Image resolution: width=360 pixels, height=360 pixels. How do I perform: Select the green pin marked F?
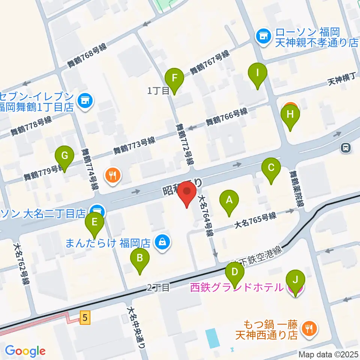(x=174, y=78)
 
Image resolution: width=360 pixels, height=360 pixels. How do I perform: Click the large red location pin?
(x=187, y=192)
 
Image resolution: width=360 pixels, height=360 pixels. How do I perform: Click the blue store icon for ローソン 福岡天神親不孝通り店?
(x=263, y=36)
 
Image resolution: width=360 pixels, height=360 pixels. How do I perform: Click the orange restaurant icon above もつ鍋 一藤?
(x=310, y=328)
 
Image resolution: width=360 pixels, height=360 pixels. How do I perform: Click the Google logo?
(x=25, y=351)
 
